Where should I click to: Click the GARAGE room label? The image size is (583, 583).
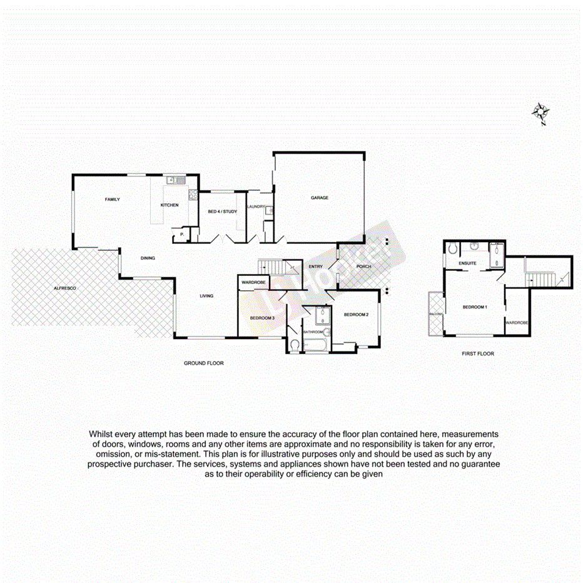[320, 198]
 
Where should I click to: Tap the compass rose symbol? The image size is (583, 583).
[540, 113]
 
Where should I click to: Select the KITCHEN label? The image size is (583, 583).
[170, 205]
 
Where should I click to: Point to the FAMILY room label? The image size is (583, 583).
[112, 200]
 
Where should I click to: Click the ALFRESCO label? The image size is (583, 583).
[64, 288]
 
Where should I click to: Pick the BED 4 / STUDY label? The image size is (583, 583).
[222, 212]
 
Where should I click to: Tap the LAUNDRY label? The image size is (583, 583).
[256, 206]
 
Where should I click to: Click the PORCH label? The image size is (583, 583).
[363, 267]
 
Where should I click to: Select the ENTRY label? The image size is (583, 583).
[316, 267]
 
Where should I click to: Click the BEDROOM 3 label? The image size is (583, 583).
[262, 318]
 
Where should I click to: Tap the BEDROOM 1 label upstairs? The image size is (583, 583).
[475, 307]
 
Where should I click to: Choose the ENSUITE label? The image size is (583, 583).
[467, 263]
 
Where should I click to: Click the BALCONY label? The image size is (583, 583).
[436, 313]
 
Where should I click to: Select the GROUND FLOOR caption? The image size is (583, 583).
[203, 363]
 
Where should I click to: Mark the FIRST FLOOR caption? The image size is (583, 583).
[478, 353]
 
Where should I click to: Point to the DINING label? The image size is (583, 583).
[148, 258]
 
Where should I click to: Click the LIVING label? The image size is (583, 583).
[206, 296]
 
